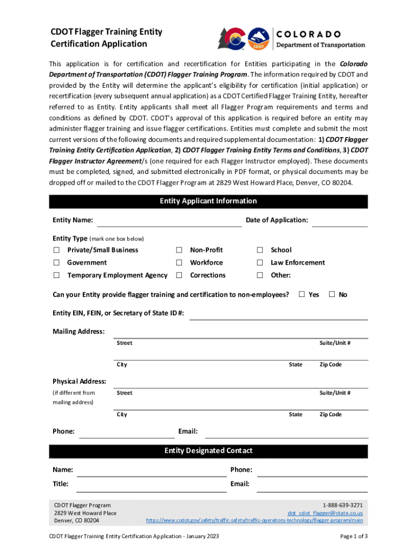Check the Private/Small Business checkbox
tap(56, 250)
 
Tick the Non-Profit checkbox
tap(179, 250)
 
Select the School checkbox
tap(260, 250)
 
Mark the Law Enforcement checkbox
tap(260, 262)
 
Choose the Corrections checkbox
tap(179, 275)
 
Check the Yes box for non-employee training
tap(303, 294)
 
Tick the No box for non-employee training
tap(333, 294)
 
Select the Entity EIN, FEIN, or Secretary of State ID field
tap(278, 314)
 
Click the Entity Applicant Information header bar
tap(208, 201)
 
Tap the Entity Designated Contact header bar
tap(208, 451)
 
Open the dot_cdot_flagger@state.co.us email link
tap(325, 513)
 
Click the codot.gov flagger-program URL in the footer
tap(255, 520)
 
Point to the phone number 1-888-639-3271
tap(343, 505)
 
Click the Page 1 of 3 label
tap(354, 537)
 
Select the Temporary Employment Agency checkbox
tap(56, 275)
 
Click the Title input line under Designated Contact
tap(151, 486)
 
